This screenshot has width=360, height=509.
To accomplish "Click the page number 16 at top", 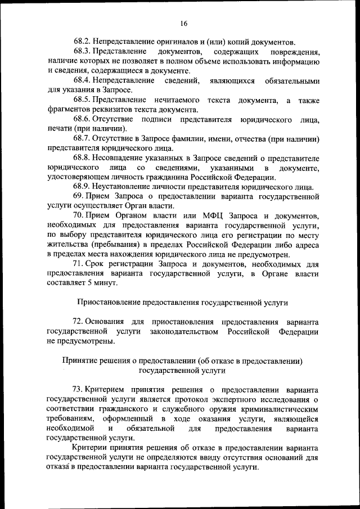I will tap(183, 24).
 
